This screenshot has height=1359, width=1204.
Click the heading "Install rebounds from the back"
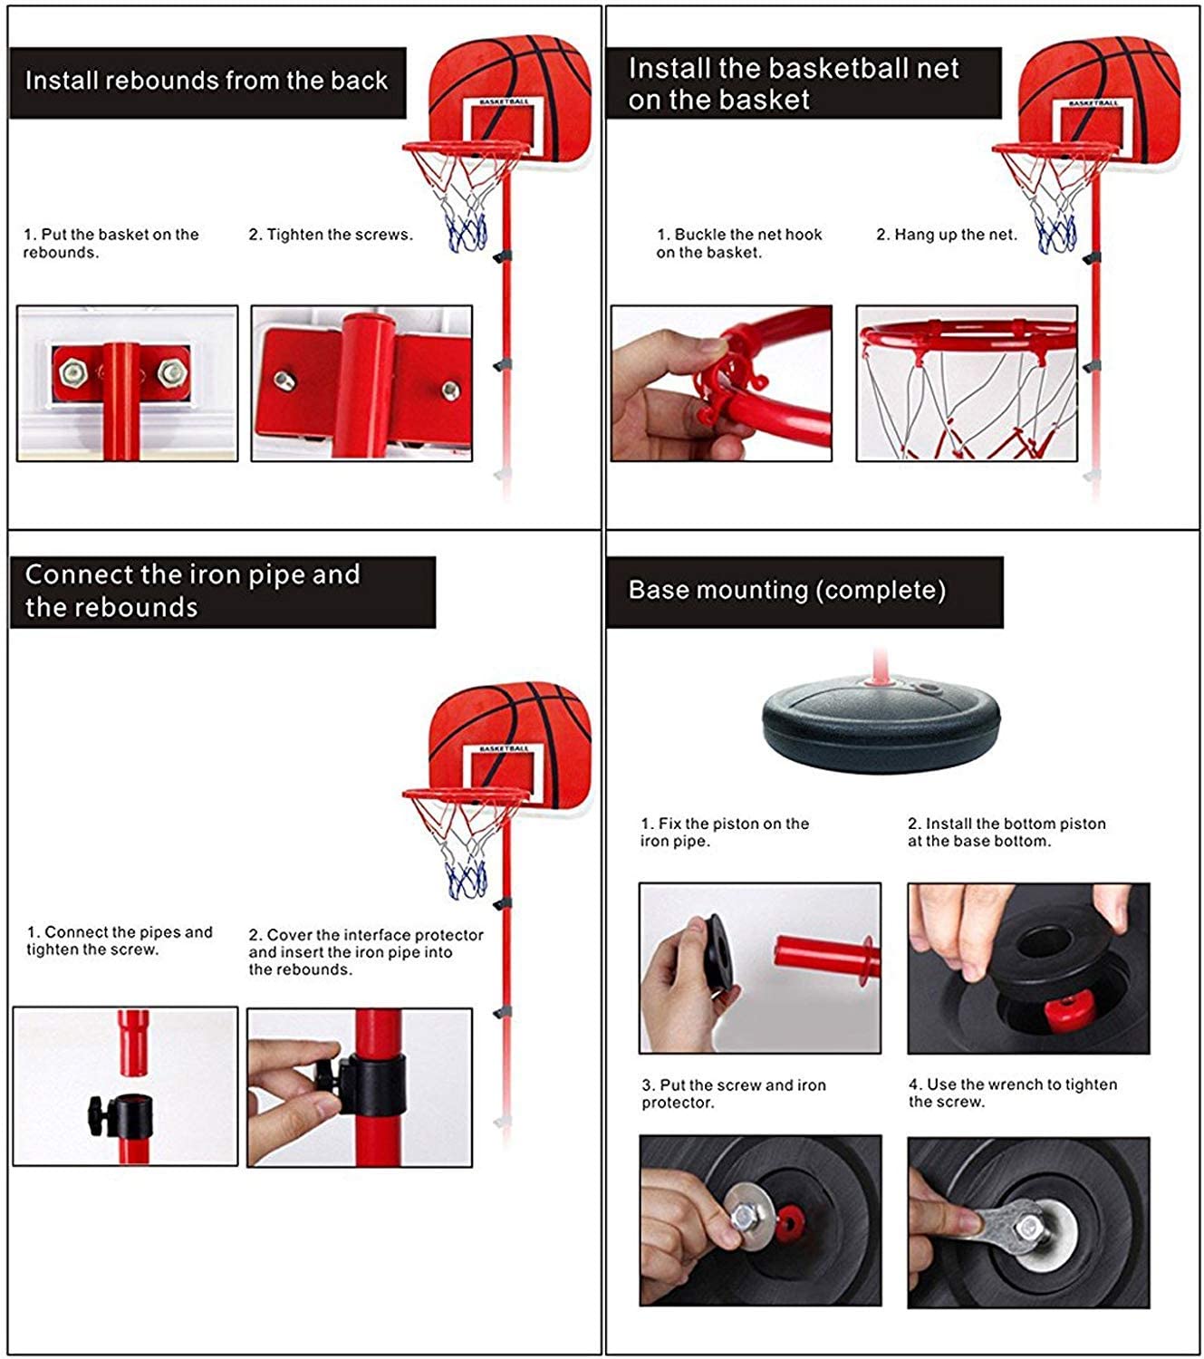coord(207,82)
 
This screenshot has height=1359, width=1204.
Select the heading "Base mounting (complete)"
coord(786,591)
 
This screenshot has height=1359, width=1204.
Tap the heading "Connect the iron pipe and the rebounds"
coord(192,591)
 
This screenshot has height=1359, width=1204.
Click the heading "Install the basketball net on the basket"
coord(793,83)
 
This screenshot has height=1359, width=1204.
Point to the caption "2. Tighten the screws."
coord(331,235)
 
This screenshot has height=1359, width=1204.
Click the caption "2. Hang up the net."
coord(946,235)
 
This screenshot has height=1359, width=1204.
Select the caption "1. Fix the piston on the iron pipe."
coord(724,832)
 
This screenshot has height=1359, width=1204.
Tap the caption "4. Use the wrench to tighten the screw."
coord(1012,1093)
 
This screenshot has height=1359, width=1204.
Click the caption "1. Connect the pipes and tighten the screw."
coord(119,940)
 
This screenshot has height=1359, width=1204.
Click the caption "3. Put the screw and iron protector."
coord(733,1094)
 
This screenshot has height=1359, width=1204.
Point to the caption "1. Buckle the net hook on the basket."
coord(738,243)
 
